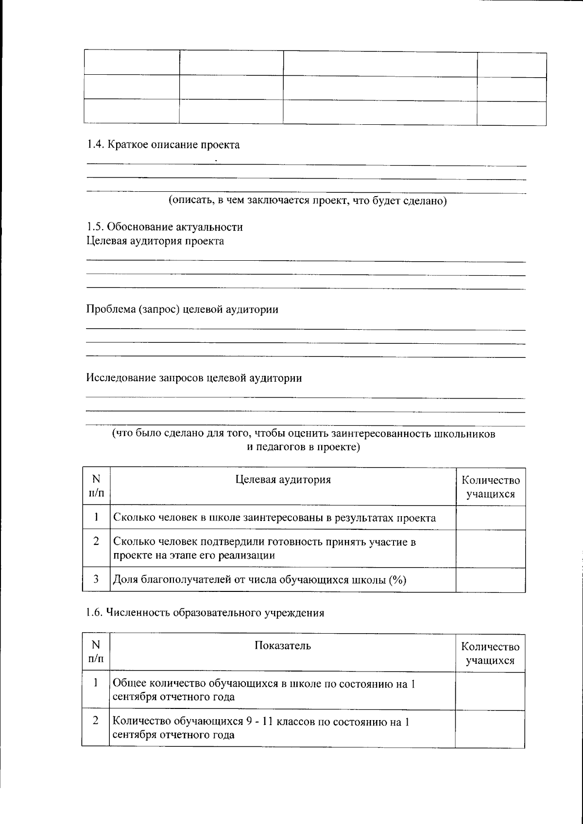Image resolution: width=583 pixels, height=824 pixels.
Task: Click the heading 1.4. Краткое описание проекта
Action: [x=163, y=145]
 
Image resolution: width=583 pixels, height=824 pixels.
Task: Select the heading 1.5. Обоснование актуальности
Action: [x=165, y=227]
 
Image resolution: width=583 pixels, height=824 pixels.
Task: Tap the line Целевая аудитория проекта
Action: [x=155, y=241]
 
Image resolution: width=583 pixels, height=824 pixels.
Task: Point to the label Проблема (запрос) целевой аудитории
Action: [x=182, y=309]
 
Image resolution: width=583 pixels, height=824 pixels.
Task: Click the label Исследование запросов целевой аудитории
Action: [x=194, y=378]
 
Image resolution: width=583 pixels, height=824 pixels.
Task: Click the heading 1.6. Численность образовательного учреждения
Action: [x=205, y=613]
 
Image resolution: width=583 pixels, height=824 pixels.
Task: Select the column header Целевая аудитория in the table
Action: [x=283, y=480]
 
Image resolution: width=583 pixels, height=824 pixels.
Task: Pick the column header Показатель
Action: [x=283, y=645]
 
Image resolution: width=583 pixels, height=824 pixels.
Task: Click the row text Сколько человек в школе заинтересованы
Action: [x=274, y=518]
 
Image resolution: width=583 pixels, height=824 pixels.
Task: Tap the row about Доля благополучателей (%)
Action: [x=259, y=579]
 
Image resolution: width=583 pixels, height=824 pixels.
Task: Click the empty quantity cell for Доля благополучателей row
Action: [x=490, y=580]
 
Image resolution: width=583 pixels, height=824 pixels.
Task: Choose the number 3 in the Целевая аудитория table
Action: [x=96, y=579]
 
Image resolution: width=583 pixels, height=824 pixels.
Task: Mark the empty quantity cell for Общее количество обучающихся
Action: [x=490, y=690]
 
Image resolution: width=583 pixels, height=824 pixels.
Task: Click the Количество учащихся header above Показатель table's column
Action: [x=490, y=653]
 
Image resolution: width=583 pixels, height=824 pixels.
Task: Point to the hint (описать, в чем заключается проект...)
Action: [x=307, y=201]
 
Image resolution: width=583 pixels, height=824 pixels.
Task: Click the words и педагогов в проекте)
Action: [x=304, y=447]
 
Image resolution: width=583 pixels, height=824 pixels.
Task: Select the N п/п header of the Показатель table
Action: [x=96, y=652]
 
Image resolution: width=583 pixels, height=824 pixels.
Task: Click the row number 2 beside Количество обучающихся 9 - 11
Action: [x=96, y=721]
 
